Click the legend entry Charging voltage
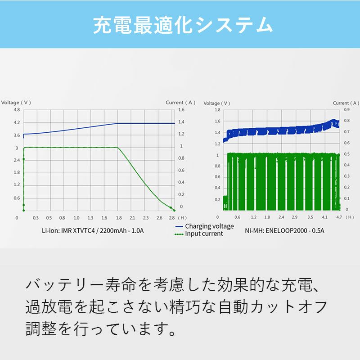pyautogui.click(x=209, y=226)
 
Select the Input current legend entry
pyautogui.click(x=204, y=234)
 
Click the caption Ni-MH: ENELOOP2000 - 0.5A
pyautogui.click(x=284, y=231)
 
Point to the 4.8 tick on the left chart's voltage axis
pyautogui.click(x=17, y=110)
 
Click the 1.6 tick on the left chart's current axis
pyautogui.click(x=181, y=110)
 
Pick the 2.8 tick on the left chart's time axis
pyautogui.click(x=171, y=217)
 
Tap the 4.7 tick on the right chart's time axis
pyautogui.click(x=339, y=217)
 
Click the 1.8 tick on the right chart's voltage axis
pyautogui.click(x=217, y=110)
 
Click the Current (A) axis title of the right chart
pyautogui.click(x=347, y=103)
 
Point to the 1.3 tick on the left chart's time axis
pyautogui.click(x=90, y=217)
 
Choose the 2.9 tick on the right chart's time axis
pyautogui.click(x=295, y=217)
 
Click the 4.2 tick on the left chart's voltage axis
pyautogui.click(x=17, y=122)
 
